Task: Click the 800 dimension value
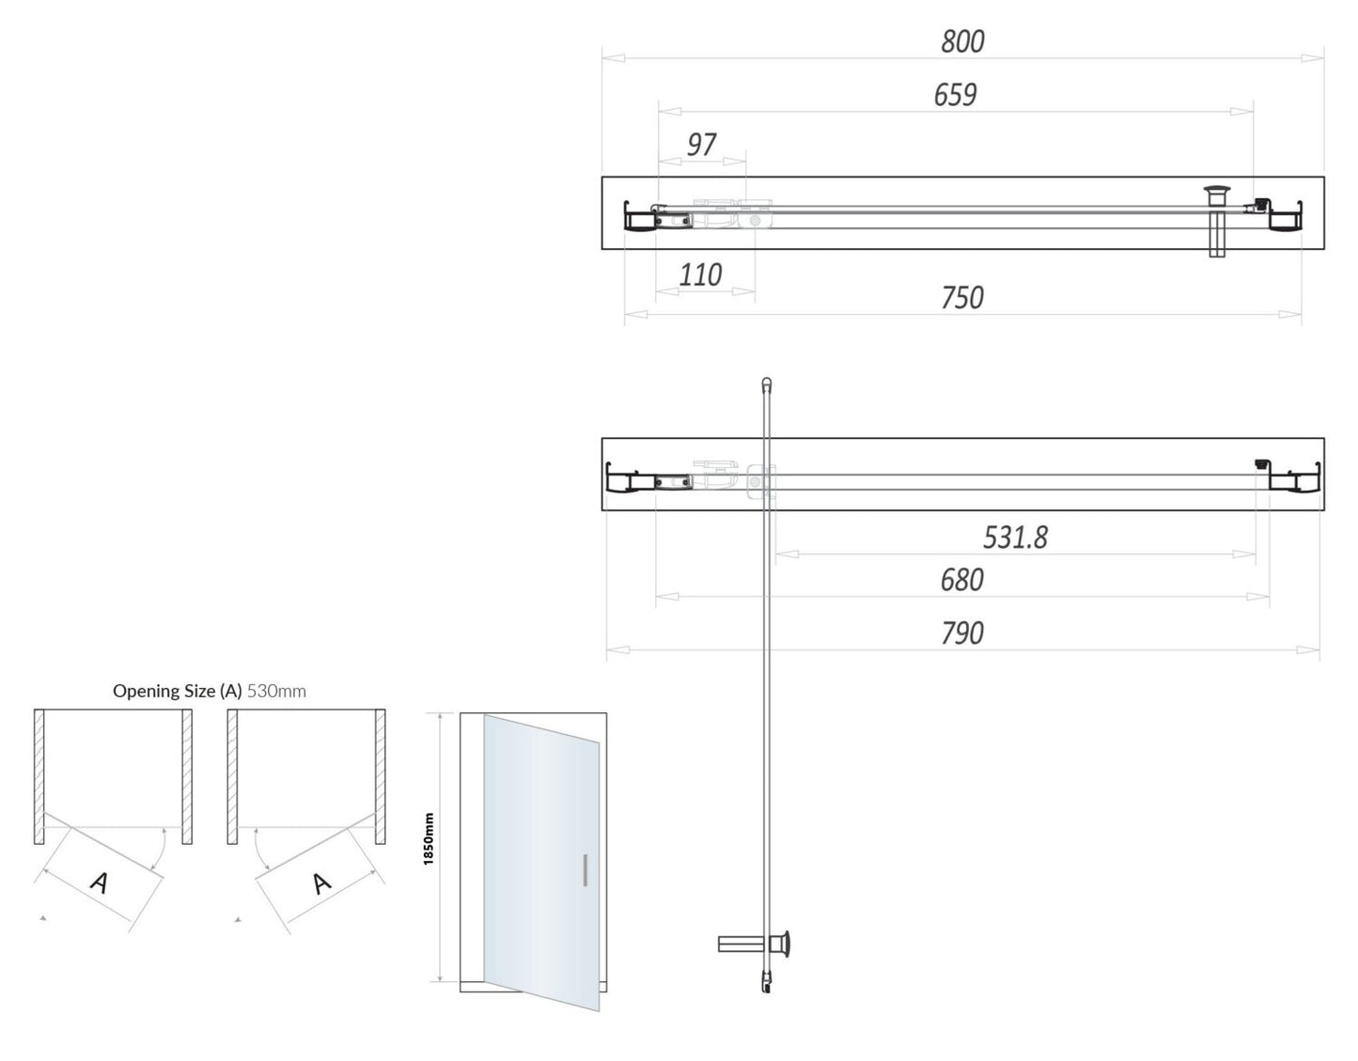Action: (x=962, y=41)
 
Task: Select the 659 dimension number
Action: (x=955, y=95)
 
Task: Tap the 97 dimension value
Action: (x=701, y=145)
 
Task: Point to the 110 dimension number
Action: (x=700, y=275)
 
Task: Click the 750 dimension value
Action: (x=962, y=298)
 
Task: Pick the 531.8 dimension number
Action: (x=1015, y=538)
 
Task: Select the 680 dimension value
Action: (x=961, y=580)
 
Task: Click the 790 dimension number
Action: (x=961, y=633)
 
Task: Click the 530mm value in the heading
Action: (x=276, y=691)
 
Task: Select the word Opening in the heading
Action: (x=142, y=691)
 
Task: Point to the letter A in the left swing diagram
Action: (x=100, y=882)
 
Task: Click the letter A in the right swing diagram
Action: (x=321, y=882)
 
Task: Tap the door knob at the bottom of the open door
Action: (x=781, y=943)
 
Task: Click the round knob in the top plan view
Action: (x=1217, y=195)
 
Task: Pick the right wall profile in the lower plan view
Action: (x=1295, y=478)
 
